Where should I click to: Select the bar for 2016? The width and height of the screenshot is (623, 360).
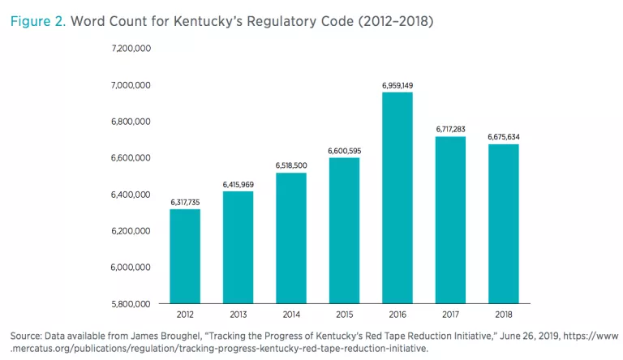coord(397,199)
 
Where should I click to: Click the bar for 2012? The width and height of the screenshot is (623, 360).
coord(185,257)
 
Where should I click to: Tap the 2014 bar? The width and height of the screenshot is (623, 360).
coord(290,238)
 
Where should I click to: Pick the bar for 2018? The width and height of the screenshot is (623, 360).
coord(503,224)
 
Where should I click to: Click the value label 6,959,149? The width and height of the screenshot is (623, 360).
coord(397,85)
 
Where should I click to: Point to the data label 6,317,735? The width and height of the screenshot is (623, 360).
coord(185,202)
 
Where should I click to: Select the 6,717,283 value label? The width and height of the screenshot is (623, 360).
coord(450,129)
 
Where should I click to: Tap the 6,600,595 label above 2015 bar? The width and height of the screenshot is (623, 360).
coord(344,151)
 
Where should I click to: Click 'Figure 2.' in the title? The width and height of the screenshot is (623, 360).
coord(37,20)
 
